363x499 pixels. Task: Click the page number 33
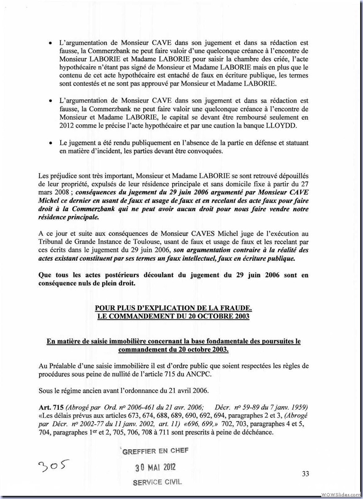(x=305, y=474)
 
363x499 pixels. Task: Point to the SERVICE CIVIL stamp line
(x=157, y=482)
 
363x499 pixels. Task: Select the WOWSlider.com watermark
(x=340, y=494)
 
